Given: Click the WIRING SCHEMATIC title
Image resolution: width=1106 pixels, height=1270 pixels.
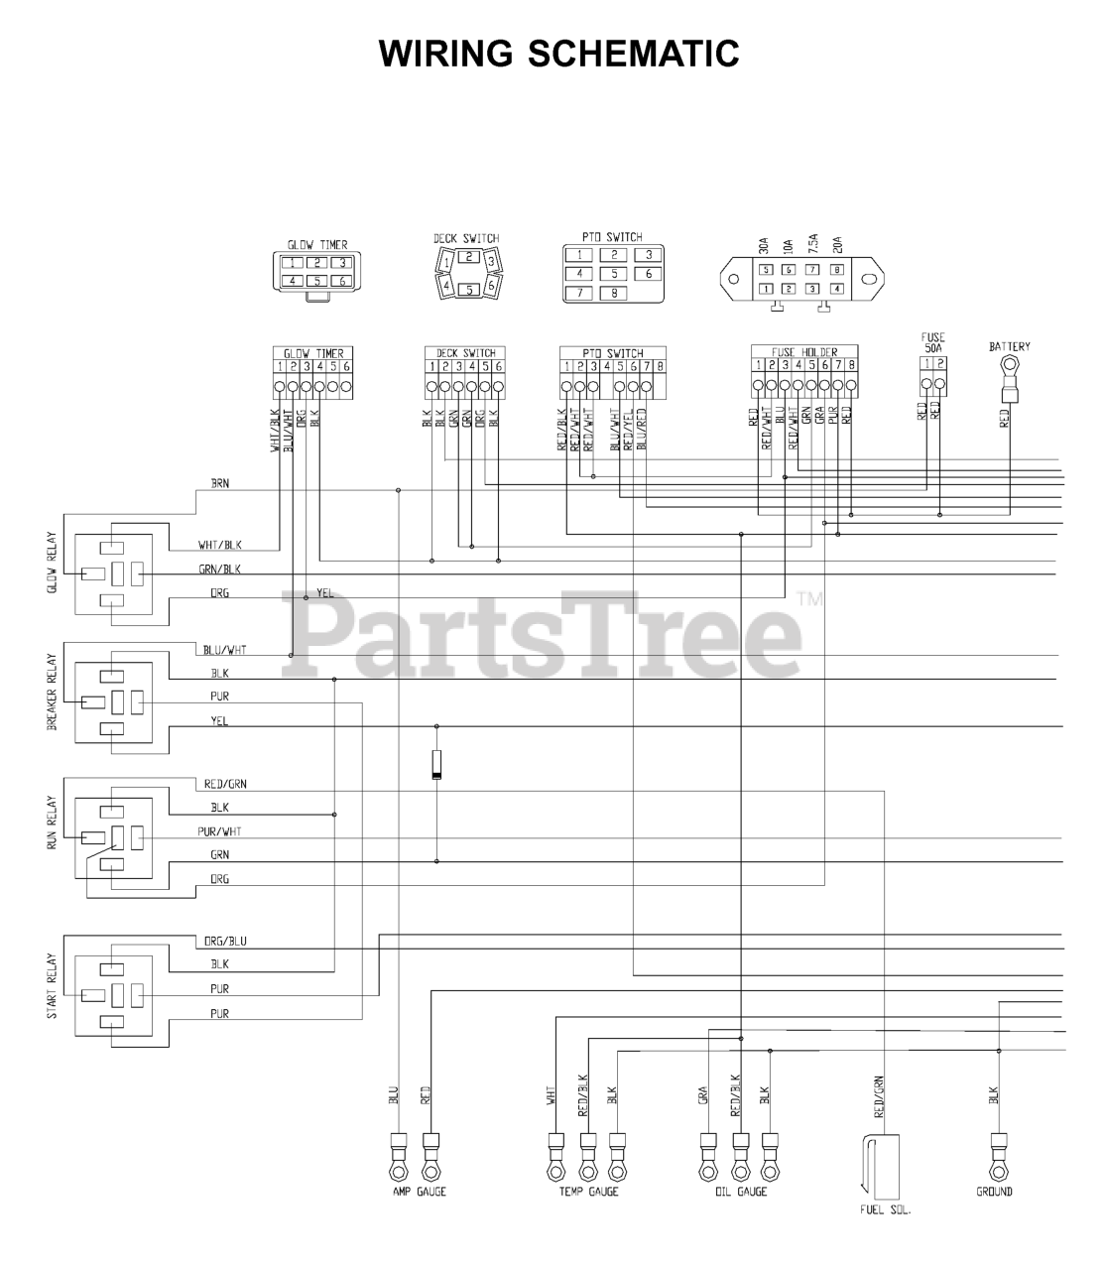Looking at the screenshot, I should [558, 53].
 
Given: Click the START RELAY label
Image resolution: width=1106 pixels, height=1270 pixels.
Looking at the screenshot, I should [53, 985].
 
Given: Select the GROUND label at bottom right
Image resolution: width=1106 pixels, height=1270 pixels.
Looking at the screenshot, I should [994, 1192].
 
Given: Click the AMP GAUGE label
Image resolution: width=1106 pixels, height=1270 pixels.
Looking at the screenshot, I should [420, 1192].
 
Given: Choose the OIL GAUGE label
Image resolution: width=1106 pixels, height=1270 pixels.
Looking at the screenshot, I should [741, 1192].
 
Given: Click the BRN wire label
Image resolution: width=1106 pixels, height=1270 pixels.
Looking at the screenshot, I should [220, 483].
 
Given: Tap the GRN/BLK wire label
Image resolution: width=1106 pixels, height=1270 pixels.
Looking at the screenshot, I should [219, 570].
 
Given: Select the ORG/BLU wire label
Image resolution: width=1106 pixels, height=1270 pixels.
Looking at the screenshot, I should [225, 941].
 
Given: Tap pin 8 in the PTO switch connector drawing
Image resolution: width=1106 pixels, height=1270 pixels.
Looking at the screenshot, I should [614, 294].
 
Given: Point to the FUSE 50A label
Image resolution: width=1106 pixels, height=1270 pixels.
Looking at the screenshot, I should [932, 343].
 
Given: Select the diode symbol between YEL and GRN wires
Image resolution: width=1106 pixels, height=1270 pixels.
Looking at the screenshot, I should [436, 765].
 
